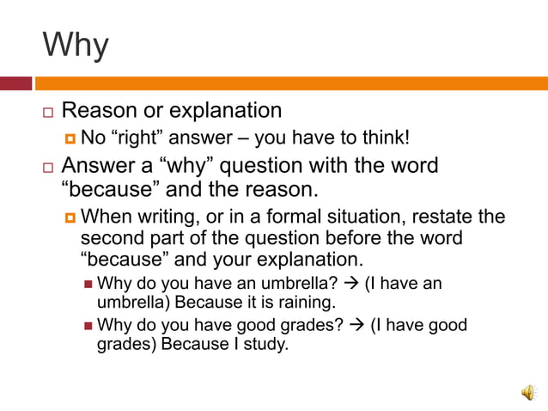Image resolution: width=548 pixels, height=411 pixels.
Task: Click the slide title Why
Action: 76,44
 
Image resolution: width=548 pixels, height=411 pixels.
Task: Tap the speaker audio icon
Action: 527,392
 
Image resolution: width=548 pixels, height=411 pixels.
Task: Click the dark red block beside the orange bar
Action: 15,83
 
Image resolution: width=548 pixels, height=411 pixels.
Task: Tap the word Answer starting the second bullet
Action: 99,165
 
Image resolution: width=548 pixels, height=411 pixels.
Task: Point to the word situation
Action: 355,216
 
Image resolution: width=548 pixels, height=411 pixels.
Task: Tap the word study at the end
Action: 265,345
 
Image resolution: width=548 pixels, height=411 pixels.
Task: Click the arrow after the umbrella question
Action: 350,283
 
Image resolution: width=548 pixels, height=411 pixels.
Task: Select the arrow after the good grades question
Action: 356,325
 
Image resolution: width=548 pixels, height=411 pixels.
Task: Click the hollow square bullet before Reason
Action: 48,113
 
